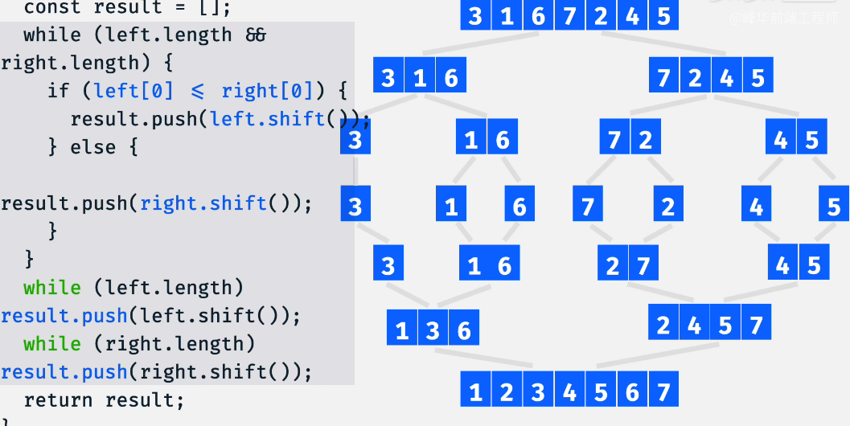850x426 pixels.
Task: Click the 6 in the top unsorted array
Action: (538, 16)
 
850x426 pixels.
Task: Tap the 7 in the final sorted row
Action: (663, 392)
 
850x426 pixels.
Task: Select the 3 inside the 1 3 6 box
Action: (433, 330)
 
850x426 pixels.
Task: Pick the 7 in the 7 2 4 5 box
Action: (663, 78)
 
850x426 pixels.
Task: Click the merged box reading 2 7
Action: (628, 265)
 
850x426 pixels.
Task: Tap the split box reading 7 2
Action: (630, 140)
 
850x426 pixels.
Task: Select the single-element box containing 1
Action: (451, 207)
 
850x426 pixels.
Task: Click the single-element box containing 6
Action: (519, 207)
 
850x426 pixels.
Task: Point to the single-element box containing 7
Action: (588, 207)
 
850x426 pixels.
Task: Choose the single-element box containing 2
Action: (667, 207)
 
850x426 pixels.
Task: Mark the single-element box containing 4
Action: (756, 207)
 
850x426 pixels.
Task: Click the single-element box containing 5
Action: (833, 207)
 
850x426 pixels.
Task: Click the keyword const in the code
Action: (53, 8)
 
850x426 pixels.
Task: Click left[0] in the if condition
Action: (133, 91)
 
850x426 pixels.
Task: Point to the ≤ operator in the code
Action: (198, 91)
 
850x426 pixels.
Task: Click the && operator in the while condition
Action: (256, 35)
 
